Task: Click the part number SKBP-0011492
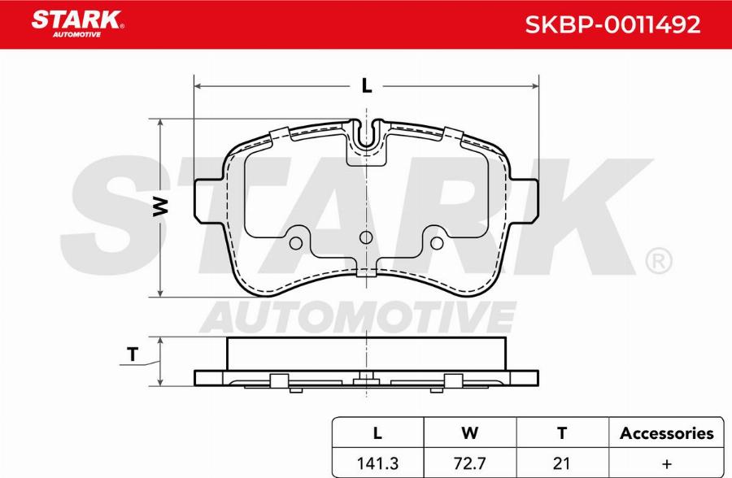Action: pos(612,24)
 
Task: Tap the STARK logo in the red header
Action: pos(77,24)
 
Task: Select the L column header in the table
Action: pos(377,433)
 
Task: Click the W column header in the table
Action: pos(469,433)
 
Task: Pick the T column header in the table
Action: pos(562,433)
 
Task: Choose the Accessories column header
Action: pos(667,433)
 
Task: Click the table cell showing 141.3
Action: pos(377,463)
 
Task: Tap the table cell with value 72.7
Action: pos(469,463)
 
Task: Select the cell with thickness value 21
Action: pos(561,463)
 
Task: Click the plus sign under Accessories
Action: pos(667,464)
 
